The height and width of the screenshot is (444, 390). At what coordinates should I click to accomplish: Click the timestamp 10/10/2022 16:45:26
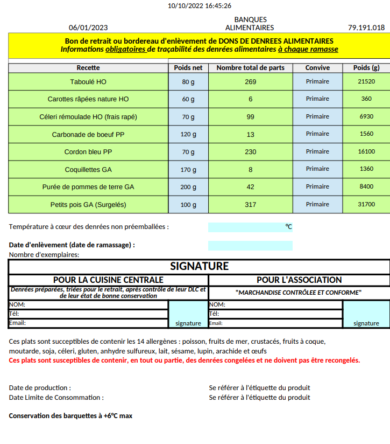click(200, 6)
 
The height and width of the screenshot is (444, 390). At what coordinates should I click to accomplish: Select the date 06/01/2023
click(88, 27)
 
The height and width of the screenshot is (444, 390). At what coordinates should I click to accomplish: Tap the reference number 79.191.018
click(366, 27)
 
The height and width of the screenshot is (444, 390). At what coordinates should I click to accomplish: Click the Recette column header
click(88, 68)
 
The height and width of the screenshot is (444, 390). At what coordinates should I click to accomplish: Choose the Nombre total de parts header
click(250, 68)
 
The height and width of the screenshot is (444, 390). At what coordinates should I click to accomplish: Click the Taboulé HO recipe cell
click(88, 82)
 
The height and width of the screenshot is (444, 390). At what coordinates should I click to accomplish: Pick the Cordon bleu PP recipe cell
click(88, 152)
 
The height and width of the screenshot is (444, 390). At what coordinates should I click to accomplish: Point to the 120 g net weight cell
click(188, 134)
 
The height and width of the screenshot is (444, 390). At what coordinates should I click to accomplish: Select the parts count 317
click(250, 205)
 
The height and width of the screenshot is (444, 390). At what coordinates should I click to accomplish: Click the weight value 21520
click(366, 82)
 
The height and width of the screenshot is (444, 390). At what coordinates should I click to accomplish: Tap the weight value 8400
click(366, 187)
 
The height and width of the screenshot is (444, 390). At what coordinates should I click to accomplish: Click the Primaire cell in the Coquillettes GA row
click(317, 169)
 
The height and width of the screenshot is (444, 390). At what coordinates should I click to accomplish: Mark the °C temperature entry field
click(250, 227)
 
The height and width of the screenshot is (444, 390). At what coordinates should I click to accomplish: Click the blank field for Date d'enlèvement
click(250, 246)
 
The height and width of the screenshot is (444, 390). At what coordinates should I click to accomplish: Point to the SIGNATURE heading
click(199, 266)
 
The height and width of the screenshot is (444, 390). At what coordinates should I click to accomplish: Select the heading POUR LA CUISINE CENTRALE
click(108, 280)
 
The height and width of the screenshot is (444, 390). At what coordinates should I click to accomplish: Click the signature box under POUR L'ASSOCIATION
click(366, 315)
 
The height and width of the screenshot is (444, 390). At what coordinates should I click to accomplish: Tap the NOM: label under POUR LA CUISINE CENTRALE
click(17, 305)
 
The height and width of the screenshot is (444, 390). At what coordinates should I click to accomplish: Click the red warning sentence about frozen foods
click(185, 360)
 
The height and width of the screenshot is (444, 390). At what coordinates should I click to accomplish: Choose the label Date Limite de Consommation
click(56, 398)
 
